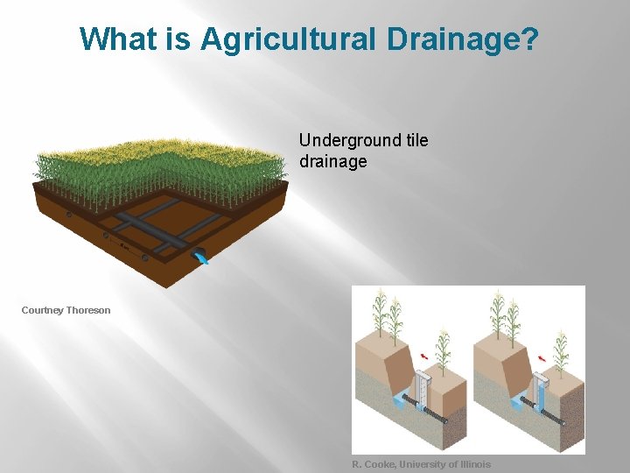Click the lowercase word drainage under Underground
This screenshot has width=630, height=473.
[332, 161]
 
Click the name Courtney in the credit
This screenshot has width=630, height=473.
[43, 310]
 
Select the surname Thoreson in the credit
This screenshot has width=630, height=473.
[88, 310]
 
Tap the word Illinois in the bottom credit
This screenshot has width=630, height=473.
[471, 464]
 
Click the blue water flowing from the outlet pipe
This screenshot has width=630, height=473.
[202, 257]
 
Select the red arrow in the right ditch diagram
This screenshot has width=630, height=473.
[544, 357]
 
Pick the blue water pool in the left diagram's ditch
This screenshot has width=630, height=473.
[402, 400]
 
